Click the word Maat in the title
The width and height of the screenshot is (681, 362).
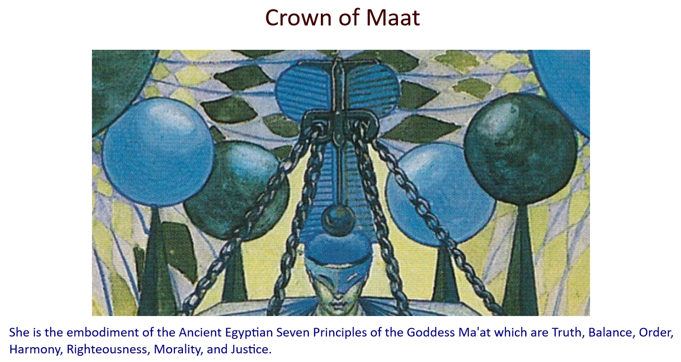(x=393, y=18)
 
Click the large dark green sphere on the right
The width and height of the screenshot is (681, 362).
(x=520, y=149)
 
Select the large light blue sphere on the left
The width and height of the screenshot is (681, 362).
(x=158, y=152)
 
